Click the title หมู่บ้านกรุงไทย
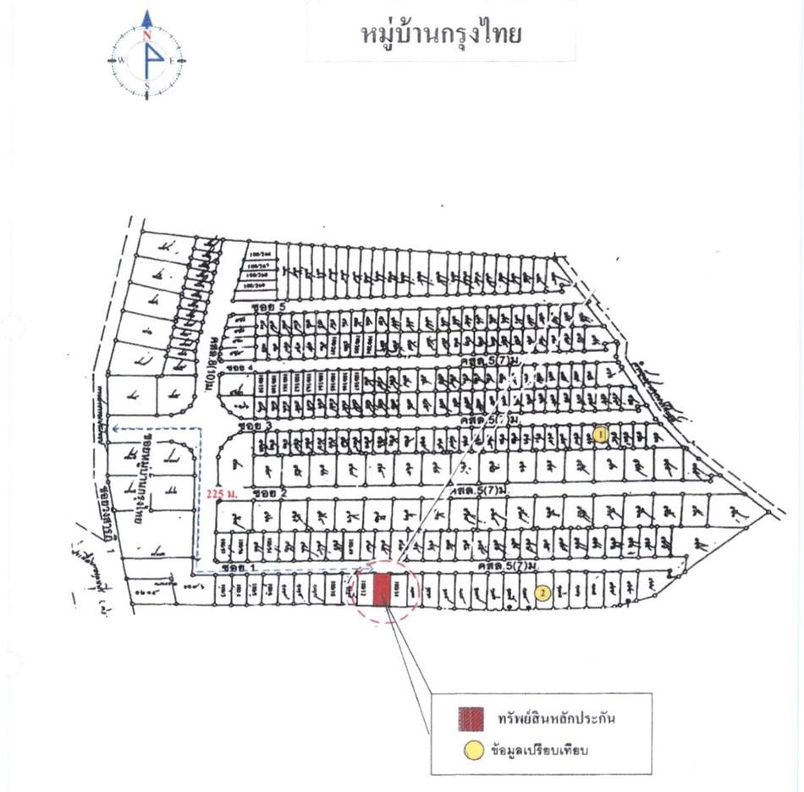[x=440, y=35]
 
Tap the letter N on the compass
[x=146, y=36]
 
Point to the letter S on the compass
[x=146, y=85]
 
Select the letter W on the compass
[x=121, y=60]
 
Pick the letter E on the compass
[x=172, y=60]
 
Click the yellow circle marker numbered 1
[x=600, y=435]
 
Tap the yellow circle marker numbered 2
[x=542, y=593]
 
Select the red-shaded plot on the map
[x=382, y=590]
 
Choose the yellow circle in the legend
[x=474, y=749]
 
